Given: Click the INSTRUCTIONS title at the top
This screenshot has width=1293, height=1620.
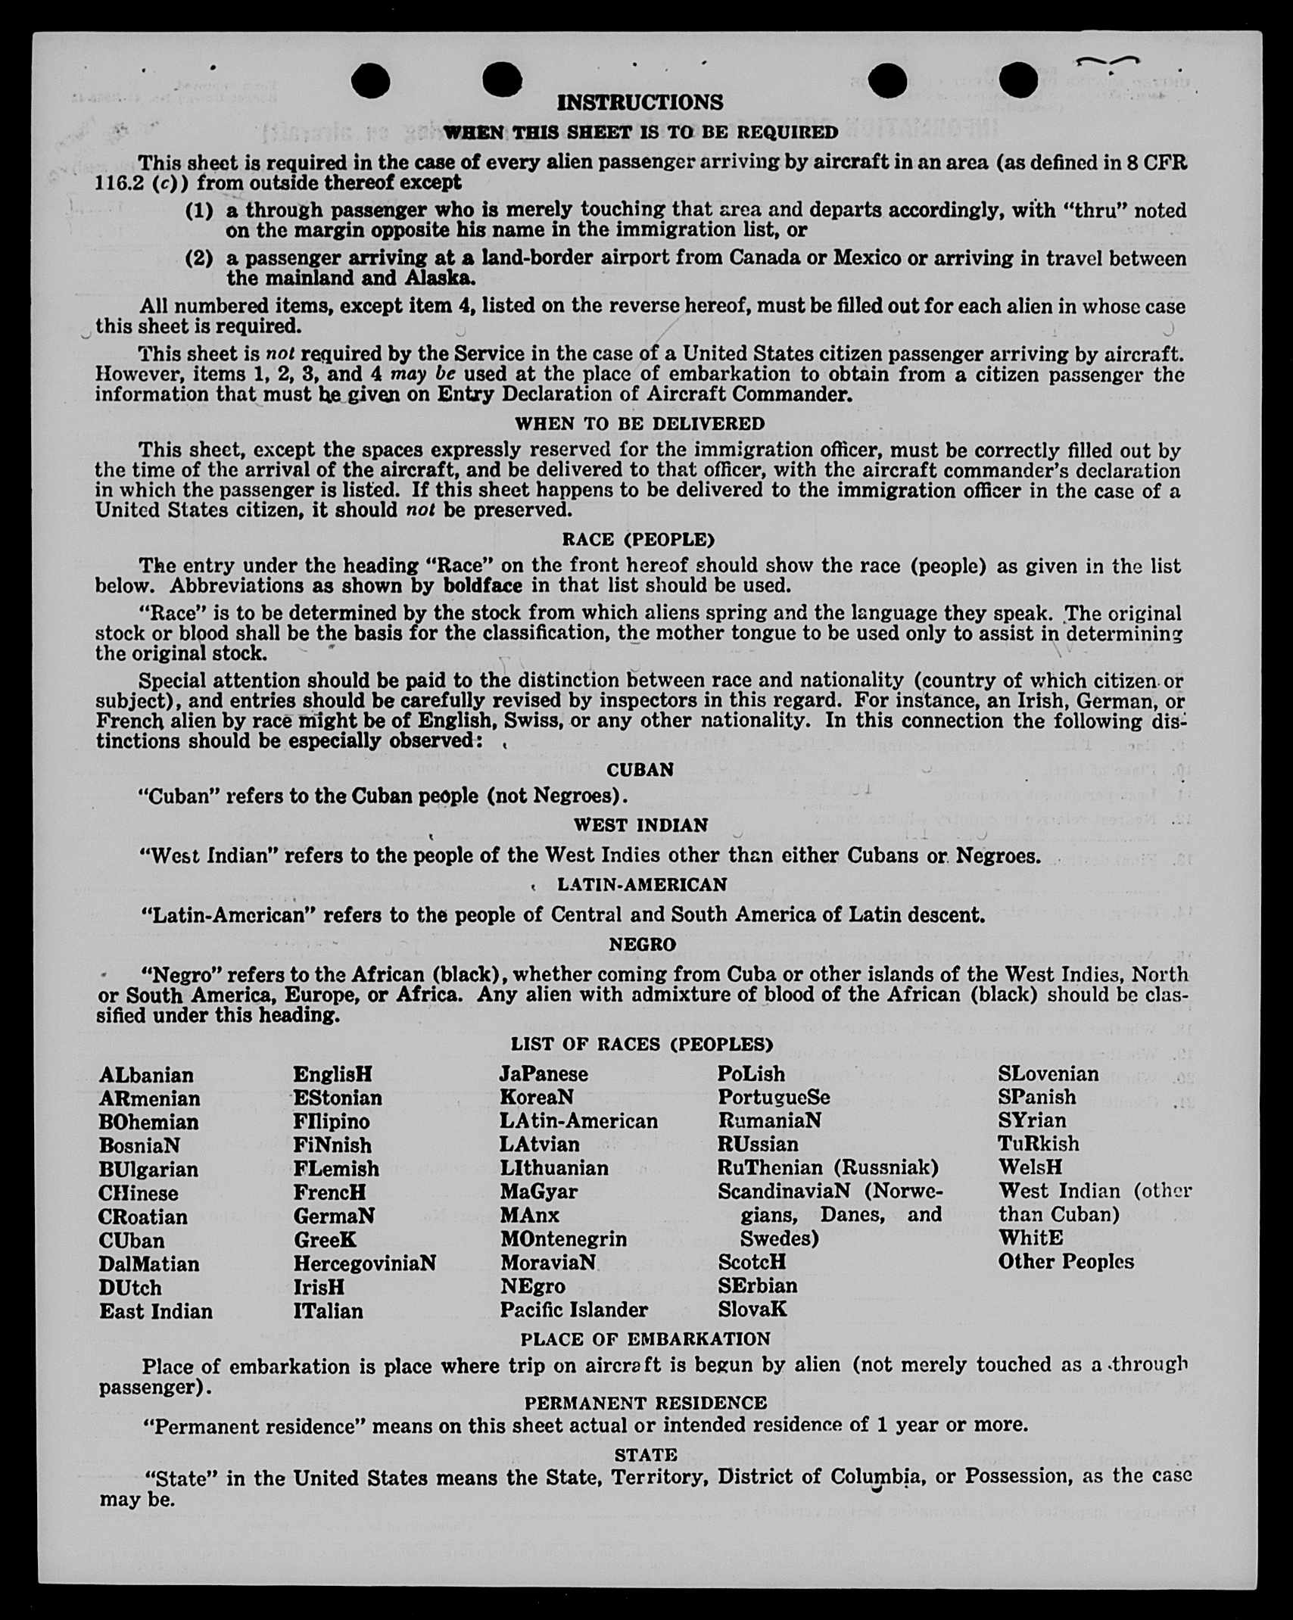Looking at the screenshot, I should point(640,102).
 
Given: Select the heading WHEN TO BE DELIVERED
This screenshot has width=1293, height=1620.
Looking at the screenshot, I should point(640,423).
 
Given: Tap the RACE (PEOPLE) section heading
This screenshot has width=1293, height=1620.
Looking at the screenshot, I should point(638,540).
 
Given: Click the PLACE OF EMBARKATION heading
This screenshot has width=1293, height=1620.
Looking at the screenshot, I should point(645,1339).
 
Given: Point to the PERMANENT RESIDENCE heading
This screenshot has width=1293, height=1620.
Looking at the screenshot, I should point(645,1403).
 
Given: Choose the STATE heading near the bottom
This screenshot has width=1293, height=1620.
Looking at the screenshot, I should point(646,1455).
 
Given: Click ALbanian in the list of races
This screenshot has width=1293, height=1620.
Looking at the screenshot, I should point(146,1075).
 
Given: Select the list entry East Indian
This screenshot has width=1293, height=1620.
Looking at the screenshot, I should point(156,1311).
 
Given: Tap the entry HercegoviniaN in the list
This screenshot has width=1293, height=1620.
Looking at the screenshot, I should point(365,1263).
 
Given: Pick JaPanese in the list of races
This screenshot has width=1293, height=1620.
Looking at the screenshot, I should point(544,1074).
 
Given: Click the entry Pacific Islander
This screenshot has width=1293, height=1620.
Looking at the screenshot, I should point(574,1310).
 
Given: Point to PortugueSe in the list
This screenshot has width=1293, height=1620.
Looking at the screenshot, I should point(774,1097).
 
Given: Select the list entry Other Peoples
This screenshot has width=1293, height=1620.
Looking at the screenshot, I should point(1066,1261).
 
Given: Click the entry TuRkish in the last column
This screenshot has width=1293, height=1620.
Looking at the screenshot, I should point(1039,1144).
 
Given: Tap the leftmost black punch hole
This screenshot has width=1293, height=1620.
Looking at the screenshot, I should point(371,81).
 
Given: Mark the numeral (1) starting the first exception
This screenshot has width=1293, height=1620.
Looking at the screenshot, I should point(199,210).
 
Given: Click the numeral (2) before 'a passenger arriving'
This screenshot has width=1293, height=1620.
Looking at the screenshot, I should point(199,259).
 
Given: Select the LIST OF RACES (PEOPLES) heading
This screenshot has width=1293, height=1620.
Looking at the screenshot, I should point(642,1045).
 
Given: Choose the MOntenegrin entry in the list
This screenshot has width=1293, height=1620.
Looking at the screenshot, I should point(563,1239).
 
